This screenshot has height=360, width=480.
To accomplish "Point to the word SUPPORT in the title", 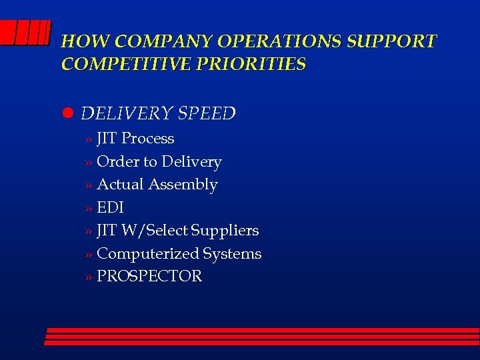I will point(392,41).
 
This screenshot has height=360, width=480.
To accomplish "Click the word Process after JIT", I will point(147,139).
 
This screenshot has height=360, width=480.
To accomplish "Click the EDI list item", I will point(110,207).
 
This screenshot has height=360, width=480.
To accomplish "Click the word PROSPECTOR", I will point(149,276).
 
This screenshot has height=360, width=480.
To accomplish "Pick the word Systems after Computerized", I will point(232,253).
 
